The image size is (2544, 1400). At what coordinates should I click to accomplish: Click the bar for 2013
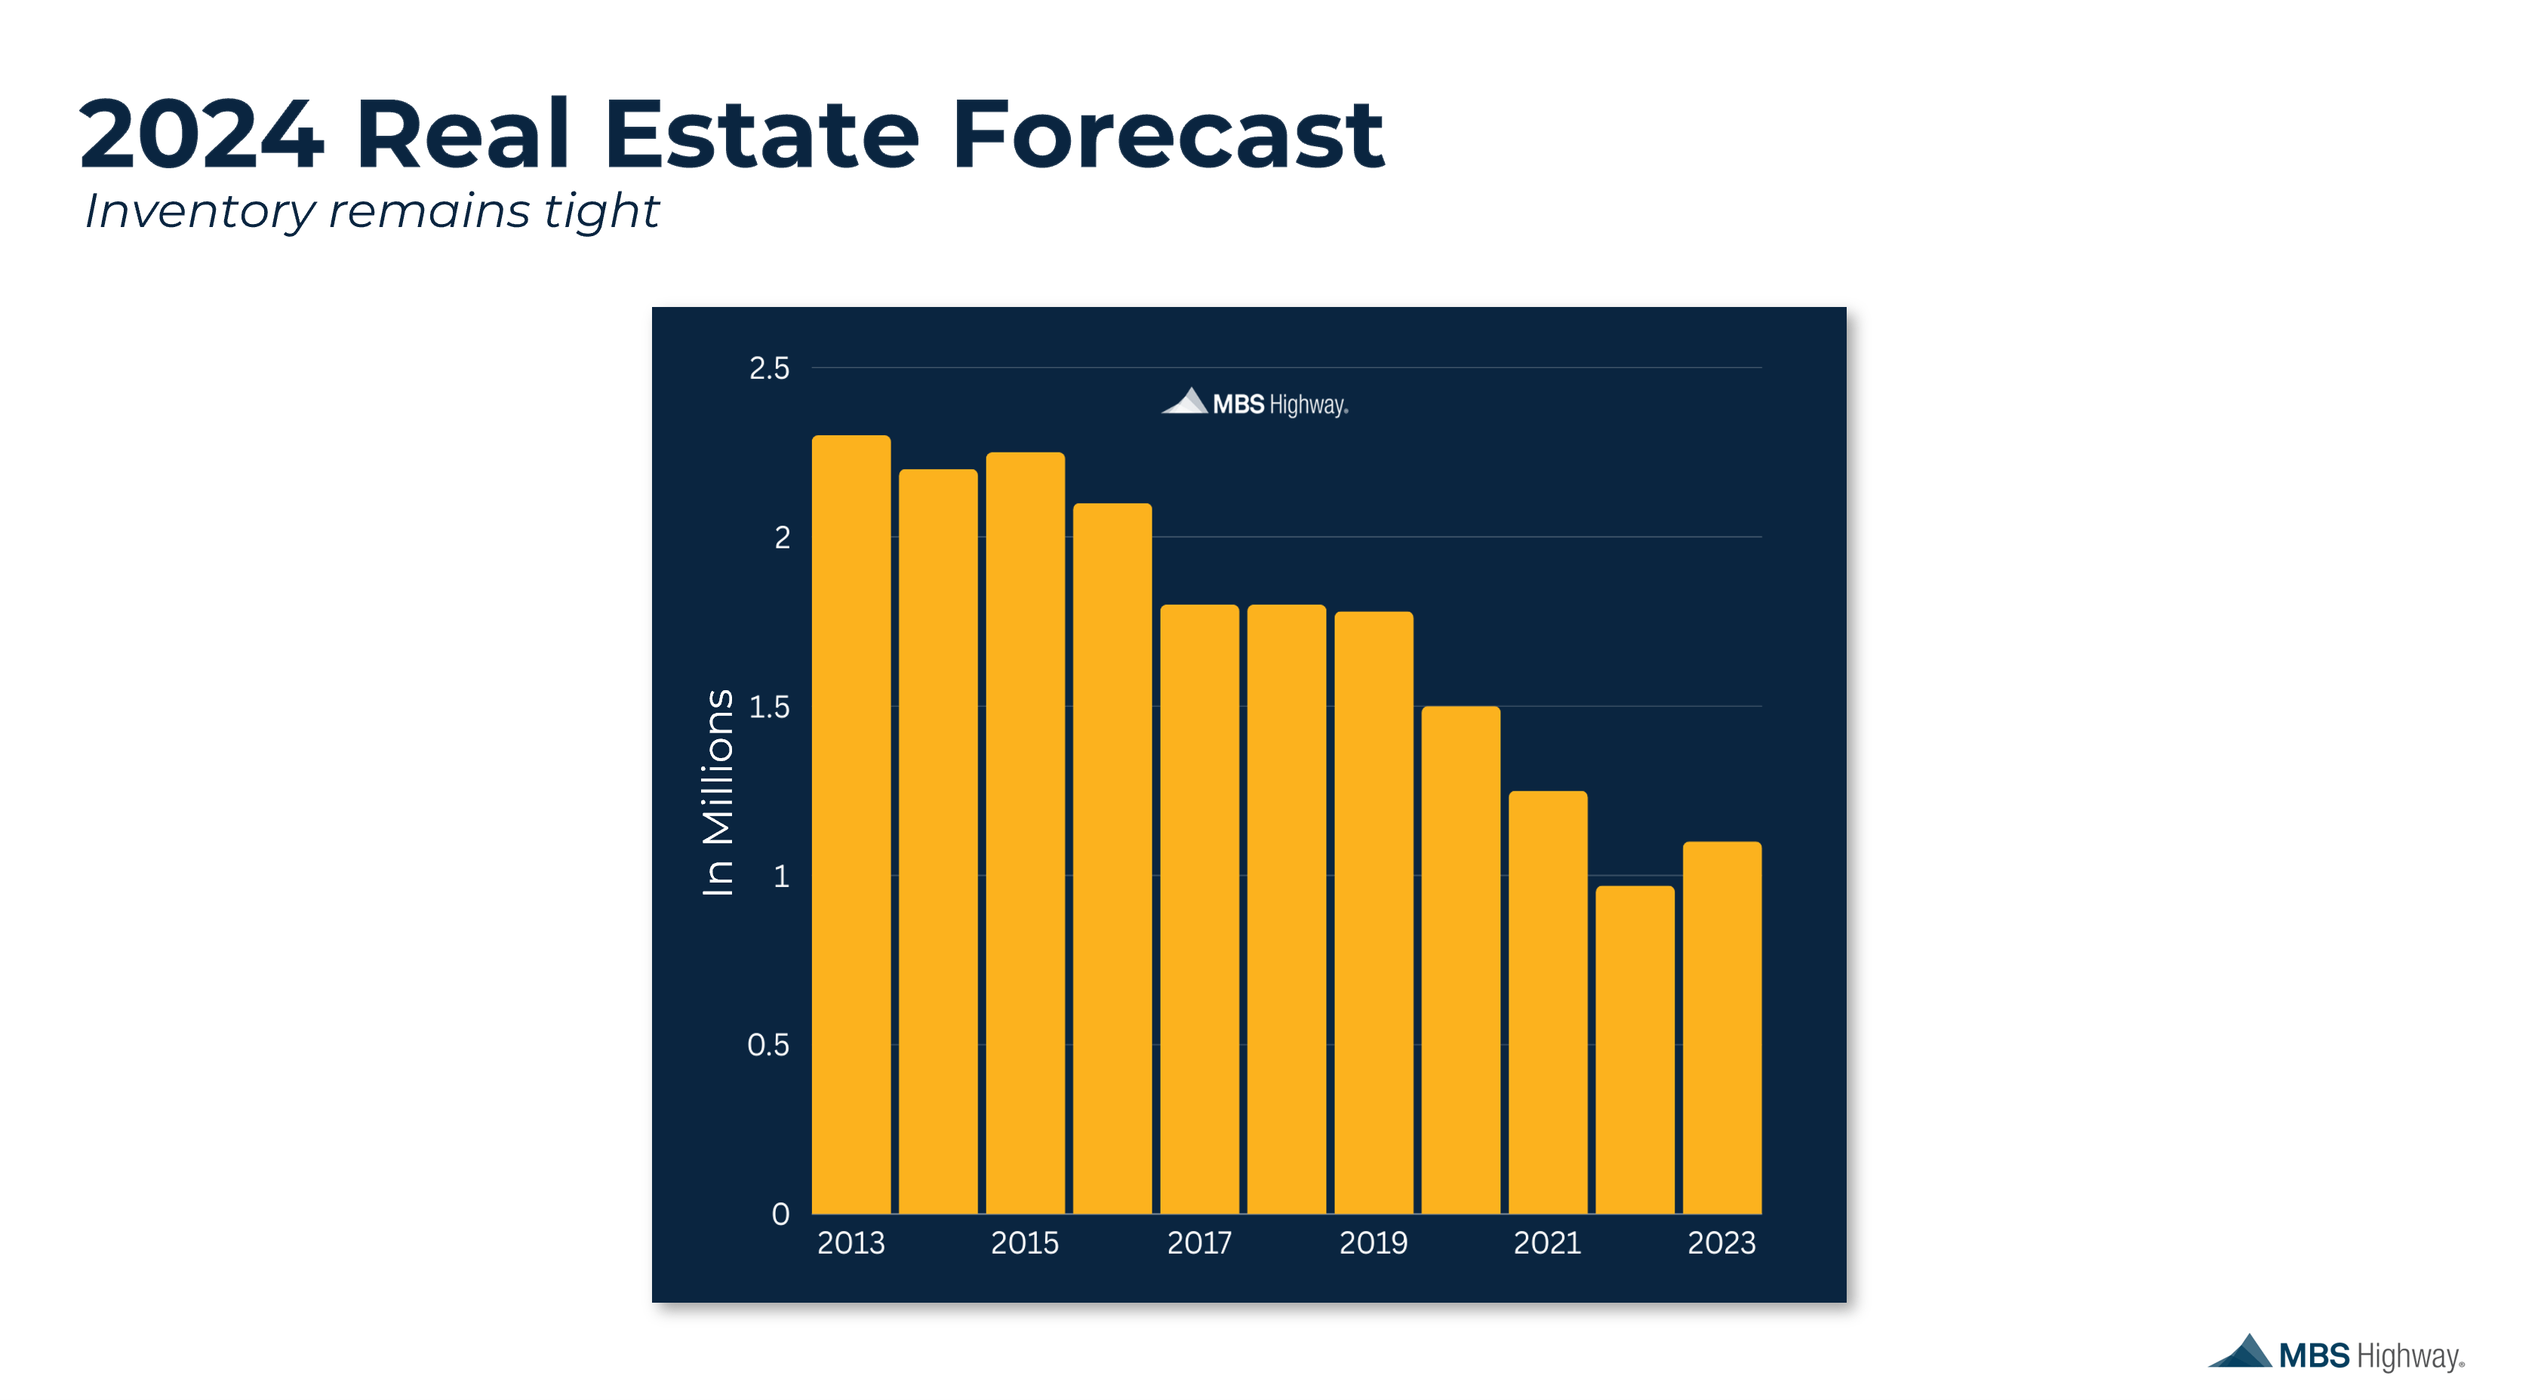coord(851,824)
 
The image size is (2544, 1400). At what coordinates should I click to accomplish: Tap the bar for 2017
coord(1199,908)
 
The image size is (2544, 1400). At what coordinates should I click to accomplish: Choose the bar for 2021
coord(1548,1002)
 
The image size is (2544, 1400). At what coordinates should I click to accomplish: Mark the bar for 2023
coord(1721,1027)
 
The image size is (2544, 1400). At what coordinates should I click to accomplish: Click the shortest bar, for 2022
coord(1635,1049)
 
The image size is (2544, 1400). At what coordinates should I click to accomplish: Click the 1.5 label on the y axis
coord(769,707)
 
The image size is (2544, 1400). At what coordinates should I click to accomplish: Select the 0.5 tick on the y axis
coord(768,1045)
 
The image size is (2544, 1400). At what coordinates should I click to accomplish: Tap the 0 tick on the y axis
coord(780,1214)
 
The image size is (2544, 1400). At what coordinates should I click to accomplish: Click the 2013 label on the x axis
coord(851,1243)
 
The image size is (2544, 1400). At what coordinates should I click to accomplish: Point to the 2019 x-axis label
coord(1373,1243)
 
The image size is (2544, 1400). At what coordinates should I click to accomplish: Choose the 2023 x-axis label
coord(1721,1243)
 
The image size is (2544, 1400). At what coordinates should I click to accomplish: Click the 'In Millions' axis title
coord(718,792)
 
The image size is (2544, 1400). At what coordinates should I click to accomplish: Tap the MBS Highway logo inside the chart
coord(1254,403)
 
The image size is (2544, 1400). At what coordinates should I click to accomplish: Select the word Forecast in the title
coord(1167,134)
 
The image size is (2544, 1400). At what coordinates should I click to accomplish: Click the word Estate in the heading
coord(761,134)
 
